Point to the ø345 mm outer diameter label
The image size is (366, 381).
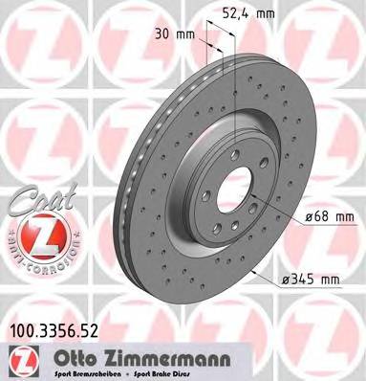[312, 280]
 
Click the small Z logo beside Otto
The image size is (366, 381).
[16, 357]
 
